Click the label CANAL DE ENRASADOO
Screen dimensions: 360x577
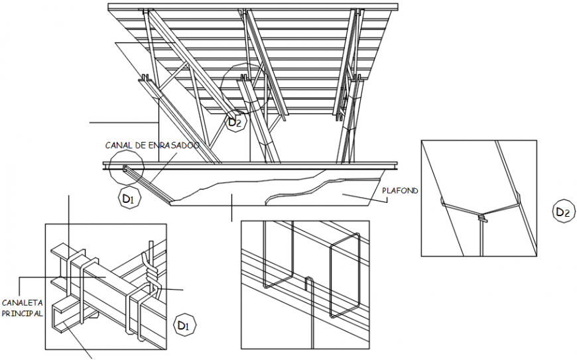coord(152,145)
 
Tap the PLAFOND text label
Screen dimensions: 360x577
coord(400,191)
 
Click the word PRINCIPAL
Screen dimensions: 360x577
coord(22,312)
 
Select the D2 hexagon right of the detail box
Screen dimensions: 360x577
coord(562,212)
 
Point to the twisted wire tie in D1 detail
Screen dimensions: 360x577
coord(152,272)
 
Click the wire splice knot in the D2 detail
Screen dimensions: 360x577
coord(481,215)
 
